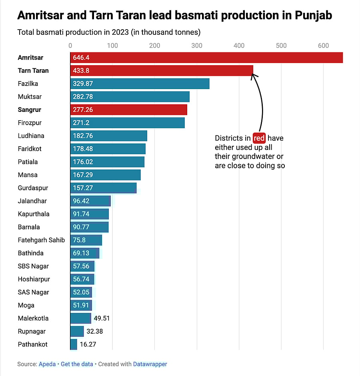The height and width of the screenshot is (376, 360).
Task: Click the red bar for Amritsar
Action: [206, 58]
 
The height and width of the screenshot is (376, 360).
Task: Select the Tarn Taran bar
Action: [162, 71]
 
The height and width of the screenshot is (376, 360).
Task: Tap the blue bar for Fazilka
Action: [140, 84]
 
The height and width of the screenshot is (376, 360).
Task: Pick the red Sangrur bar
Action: [129, 110]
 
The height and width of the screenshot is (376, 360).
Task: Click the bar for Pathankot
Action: [74, 344]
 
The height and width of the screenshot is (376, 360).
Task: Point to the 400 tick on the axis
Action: [239, 46]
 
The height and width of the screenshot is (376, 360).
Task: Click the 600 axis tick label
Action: [323, 46]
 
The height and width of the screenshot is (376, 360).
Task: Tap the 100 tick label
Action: [112, 46]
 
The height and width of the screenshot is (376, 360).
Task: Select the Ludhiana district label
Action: [31, 136]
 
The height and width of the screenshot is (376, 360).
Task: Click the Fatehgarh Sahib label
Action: [41, 240]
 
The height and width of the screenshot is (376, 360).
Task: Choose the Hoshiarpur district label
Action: [34, 279]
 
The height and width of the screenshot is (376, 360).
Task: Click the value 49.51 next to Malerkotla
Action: [101, 318]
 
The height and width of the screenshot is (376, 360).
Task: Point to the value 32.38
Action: [94, 332]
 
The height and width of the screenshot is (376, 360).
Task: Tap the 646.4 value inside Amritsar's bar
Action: [81, 58]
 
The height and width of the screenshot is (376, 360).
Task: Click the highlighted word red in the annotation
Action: [259, 138]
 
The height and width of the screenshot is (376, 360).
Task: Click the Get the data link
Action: [77, 364]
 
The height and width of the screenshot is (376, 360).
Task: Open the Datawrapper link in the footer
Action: [150, 364]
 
